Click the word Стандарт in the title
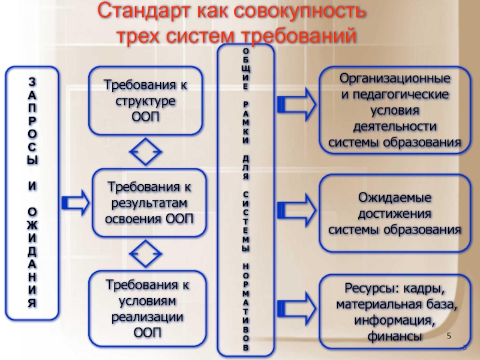coord(145,11)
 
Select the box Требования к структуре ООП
coord(146,100)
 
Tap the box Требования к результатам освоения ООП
coord(149,202)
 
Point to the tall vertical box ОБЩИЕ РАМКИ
coord(247,199)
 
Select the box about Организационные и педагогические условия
coord(395,110)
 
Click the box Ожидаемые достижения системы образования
coord(395,213)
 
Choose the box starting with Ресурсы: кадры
coord(395,312)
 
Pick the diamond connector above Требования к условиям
coord(146,254)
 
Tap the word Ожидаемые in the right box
coord(395,197)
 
